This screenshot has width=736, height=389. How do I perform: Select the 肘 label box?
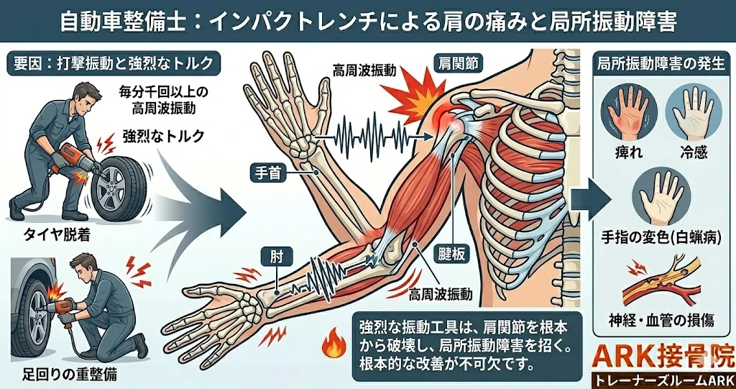274,257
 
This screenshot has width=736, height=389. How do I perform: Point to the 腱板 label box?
453,254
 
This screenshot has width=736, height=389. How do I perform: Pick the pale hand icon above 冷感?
692,113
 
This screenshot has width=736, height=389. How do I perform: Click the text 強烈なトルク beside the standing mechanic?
163,136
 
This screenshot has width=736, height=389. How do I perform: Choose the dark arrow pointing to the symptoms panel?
591,198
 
